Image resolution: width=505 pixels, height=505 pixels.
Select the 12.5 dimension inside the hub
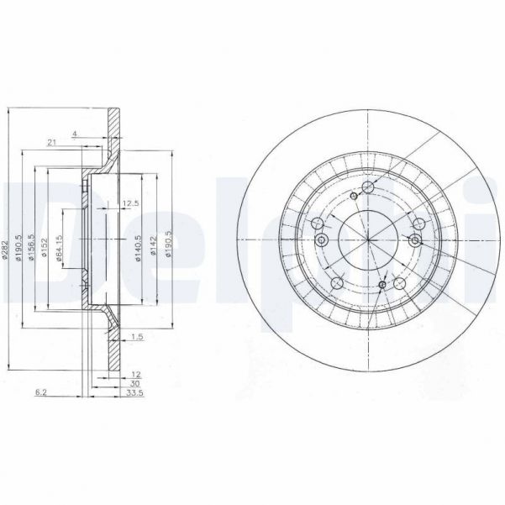pos(130,204)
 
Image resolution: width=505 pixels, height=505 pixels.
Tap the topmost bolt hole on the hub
pos(366,188)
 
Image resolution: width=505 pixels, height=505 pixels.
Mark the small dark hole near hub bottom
pos(382,287)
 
